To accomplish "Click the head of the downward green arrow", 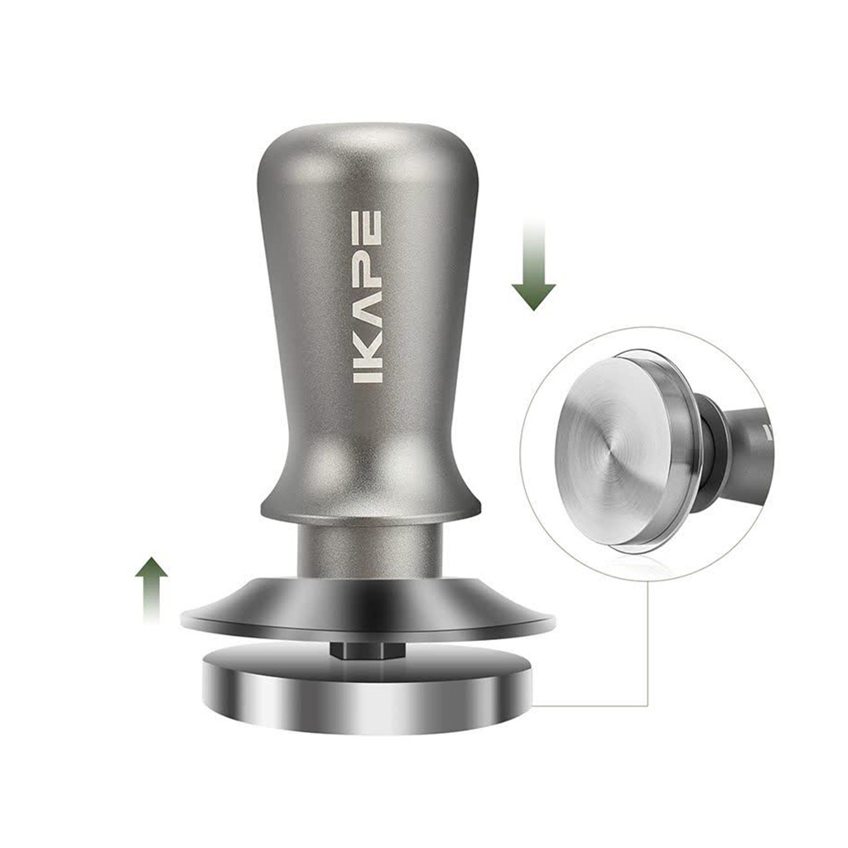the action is (534, 296).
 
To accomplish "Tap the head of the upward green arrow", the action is (151, 568).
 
